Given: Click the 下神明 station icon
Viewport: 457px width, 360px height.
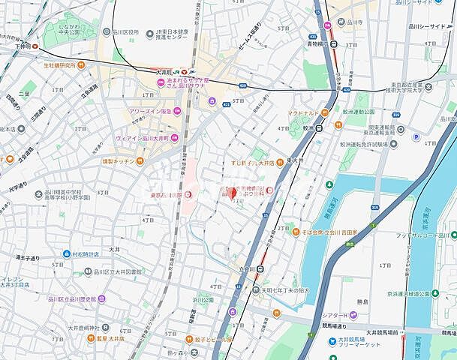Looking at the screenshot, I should (x=35, y=46).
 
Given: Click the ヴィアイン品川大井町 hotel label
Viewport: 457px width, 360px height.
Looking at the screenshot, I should (x=140, y=137).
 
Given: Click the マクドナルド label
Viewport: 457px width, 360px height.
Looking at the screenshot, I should (x=304, y=113).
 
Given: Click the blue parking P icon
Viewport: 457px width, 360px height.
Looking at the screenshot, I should (x=416, y=136).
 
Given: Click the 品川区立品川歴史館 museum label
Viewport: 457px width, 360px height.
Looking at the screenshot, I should (x=80, y=299).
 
